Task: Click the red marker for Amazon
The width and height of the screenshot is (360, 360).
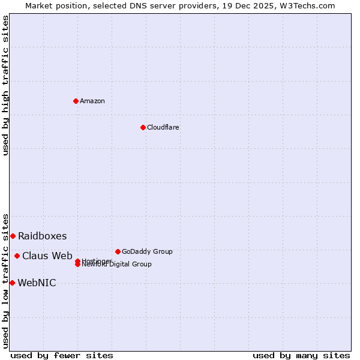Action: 76,101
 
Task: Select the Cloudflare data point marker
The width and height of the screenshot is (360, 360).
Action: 143,127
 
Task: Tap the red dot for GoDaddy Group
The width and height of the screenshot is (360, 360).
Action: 118,251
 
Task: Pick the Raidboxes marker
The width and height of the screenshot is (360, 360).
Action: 13,236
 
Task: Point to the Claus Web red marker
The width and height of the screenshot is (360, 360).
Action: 17,256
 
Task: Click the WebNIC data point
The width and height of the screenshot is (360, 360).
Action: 12,283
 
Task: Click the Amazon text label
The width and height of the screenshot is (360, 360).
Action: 92,101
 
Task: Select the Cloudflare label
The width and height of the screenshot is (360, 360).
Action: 163,127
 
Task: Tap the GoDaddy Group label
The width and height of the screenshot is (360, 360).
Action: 147,251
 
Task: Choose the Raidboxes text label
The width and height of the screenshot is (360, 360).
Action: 42,236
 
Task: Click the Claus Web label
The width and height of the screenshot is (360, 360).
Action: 47,256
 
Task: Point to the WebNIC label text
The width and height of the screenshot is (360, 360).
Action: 37,283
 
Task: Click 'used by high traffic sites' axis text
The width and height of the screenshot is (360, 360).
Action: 5,85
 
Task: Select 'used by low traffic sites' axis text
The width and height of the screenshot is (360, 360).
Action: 5,280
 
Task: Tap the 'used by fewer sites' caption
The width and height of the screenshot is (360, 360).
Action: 62,355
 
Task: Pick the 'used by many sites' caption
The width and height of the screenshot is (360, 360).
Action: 301,355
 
